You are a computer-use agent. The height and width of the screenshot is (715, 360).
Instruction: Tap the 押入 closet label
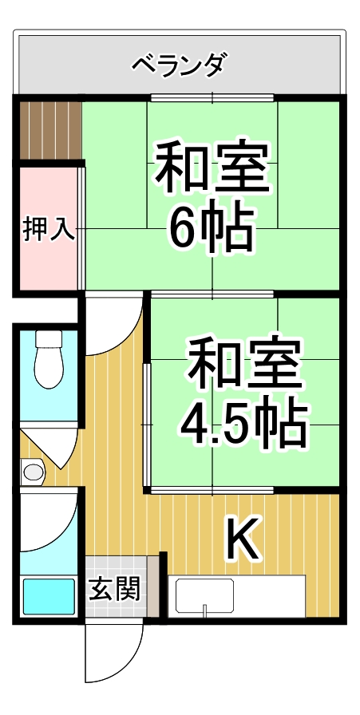click(49, 229)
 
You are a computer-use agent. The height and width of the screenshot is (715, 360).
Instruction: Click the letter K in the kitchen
click(242, 540)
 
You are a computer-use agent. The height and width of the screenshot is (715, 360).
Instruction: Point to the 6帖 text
click(210, 230)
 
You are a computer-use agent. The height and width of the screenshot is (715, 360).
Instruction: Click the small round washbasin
click(33, 472)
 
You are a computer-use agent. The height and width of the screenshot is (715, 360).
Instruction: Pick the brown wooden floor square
click(50, 128)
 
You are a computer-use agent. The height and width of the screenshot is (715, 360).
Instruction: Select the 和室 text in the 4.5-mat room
click(243, 363)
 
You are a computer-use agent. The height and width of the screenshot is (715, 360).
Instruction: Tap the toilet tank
click(49, 339)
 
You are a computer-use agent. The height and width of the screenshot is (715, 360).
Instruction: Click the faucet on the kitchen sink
click(205, 611)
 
